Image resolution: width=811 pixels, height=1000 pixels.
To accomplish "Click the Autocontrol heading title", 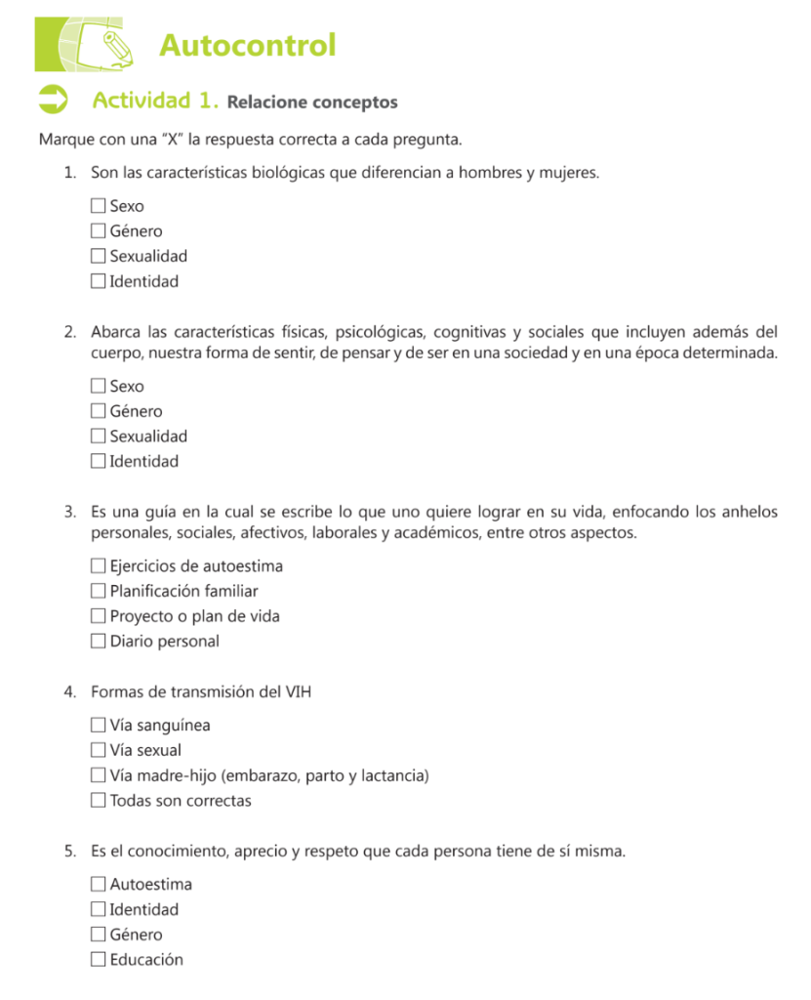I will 247,45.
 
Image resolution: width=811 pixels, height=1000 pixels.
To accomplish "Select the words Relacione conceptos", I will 312,102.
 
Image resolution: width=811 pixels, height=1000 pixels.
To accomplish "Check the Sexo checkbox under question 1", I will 98,206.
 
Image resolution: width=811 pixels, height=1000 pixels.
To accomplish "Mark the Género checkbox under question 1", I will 98,231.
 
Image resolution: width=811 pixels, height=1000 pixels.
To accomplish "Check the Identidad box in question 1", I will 98,281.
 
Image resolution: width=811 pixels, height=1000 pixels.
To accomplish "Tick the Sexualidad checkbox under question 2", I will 98,437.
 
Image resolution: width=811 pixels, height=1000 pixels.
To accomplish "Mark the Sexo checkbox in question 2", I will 98,387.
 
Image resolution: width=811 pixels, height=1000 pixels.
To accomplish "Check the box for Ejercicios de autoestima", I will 98,566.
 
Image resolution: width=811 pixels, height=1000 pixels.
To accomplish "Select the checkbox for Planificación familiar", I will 98,591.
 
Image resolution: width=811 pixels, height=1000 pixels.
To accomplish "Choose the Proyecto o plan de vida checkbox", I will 98,616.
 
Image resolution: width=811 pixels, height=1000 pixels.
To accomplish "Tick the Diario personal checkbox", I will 98,642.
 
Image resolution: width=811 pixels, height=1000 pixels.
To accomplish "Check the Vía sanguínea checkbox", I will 98,726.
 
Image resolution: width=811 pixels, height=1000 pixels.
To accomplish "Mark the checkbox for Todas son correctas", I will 98,801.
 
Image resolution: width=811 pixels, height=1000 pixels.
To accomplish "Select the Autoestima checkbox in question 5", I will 98,885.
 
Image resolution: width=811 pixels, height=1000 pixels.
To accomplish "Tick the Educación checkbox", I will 98,960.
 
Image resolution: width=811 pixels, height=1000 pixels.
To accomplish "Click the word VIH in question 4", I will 299,692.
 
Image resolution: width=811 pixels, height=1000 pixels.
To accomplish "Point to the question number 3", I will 70,511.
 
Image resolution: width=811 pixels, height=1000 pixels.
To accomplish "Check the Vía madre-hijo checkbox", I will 98,775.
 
